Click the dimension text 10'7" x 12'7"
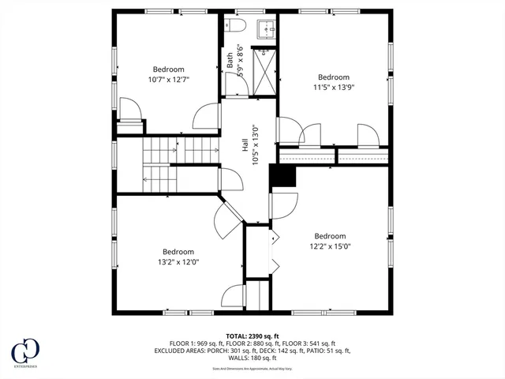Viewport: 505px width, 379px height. pos(168,79)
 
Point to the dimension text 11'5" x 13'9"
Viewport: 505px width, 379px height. pos(334,88)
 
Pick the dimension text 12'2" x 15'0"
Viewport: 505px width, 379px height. pos(330,246)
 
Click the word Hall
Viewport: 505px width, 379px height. pos(245,146)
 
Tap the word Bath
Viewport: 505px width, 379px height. pos(230,60)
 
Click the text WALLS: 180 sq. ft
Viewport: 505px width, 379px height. pos(252,359)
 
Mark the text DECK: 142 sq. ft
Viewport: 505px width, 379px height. pos(293,351)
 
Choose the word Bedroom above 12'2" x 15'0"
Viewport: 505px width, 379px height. pos(330,236)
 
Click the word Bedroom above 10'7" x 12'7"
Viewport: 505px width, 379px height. pos(168,69)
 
